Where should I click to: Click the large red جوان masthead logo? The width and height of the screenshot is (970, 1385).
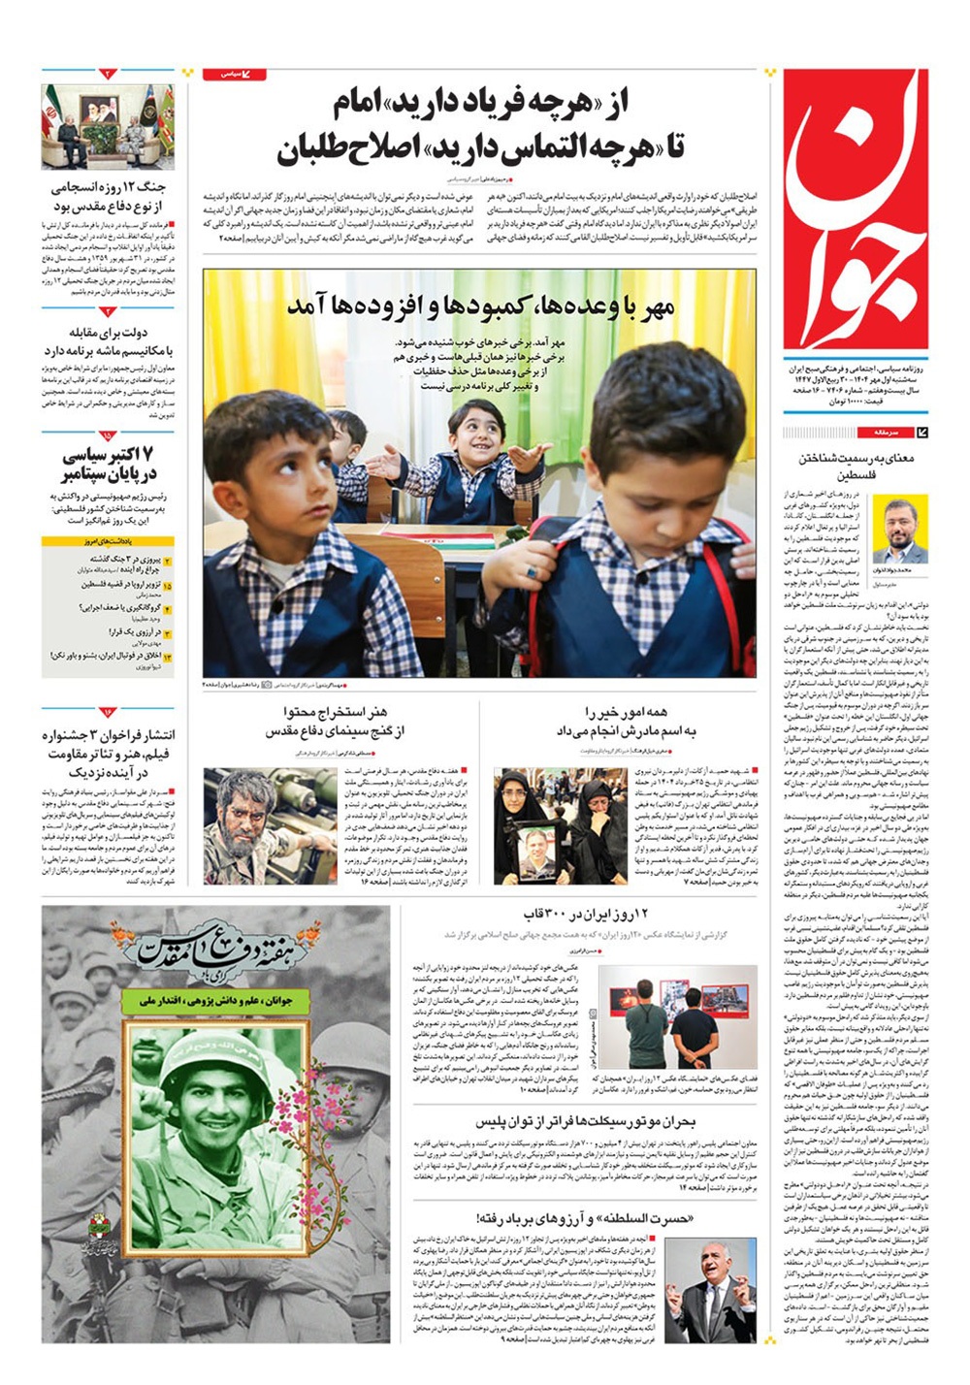click(x=855, y=209)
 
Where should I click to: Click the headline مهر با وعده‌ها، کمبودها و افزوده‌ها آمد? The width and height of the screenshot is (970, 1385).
click(x=480, y=306)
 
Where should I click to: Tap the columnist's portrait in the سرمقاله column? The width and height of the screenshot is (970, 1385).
click(x=899, y=529)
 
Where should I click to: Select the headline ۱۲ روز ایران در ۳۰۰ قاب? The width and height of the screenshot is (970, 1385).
click(x=586, y=915)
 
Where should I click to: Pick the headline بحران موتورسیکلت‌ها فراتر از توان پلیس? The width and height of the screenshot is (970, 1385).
click(x=585, y=1121)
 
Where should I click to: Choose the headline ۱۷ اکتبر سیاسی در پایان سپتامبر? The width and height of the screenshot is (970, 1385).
click(x=108, y=465)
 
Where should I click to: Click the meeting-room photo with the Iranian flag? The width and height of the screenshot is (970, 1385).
click(x=108, y=126)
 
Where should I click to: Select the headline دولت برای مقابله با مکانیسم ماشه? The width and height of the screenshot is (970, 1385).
click(x=108, y=341)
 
